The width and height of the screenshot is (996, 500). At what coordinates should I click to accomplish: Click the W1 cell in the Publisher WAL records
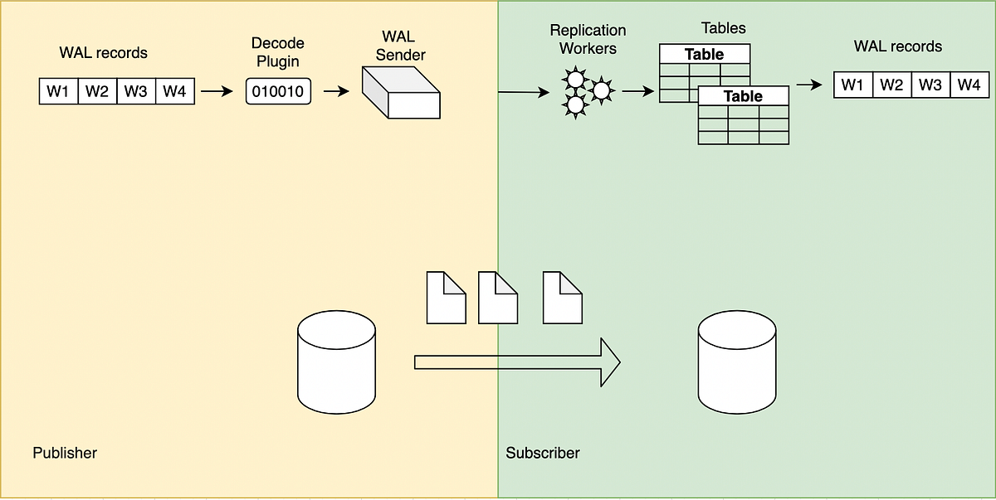tap(58, 91)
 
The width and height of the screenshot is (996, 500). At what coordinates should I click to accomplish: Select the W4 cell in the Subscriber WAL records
tap(969, 85)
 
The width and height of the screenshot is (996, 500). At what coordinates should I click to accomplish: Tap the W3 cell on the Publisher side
tap(136, 91)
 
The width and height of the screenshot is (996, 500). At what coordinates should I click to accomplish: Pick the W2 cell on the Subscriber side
tap(891, 85)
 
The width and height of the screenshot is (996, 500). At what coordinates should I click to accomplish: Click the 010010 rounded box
tap(278, 91)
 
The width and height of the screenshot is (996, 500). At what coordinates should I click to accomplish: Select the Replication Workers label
tap(588, 39)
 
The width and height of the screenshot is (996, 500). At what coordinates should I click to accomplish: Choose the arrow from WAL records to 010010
tap(217, 91)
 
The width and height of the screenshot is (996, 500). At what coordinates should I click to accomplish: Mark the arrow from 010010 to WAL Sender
tap(336, 91)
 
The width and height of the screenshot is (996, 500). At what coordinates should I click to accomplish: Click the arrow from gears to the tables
tap(637, 91)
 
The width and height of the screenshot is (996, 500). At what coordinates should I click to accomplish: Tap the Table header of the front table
tap(743, 96)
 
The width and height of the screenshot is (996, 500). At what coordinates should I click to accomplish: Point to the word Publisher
tap(65, 453)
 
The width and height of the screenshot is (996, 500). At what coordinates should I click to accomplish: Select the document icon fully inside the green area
tap(562, 296)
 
